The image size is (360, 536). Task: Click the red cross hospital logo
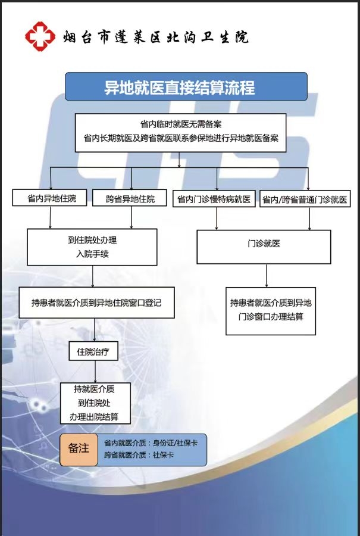coord(40,36)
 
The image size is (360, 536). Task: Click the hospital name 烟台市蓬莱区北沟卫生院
coord(155,37)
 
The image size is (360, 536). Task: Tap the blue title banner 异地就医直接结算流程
coord(186,86)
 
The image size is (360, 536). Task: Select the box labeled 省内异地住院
coord(49,198)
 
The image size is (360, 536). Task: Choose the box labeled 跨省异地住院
coord(130,198)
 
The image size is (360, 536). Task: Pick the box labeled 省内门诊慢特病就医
coord(214,199)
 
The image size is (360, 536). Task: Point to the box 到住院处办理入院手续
coord(92,247)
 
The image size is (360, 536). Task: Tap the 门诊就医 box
coord(264,247)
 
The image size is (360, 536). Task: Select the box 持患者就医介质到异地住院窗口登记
coord(96,303)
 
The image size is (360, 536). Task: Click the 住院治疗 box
coord(93,351)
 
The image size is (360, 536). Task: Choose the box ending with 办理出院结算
coord(95,403)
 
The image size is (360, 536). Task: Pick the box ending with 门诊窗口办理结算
coord(271,311)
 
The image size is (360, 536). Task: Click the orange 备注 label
coord(79,450)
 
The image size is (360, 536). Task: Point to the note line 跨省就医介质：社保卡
coord(139,455)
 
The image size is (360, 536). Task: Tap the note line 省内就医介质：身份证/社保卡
coord(151,443)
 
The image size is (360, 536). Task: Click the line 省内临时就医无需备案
coord(181,124)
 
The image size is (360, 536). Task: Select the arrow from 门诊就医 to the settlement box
coord(267,276)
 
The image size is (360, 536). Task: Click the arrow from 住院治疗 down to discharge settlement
coord(95,372)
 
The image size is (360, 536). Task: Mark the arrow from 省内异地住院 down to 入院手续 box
coord(50,217)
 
